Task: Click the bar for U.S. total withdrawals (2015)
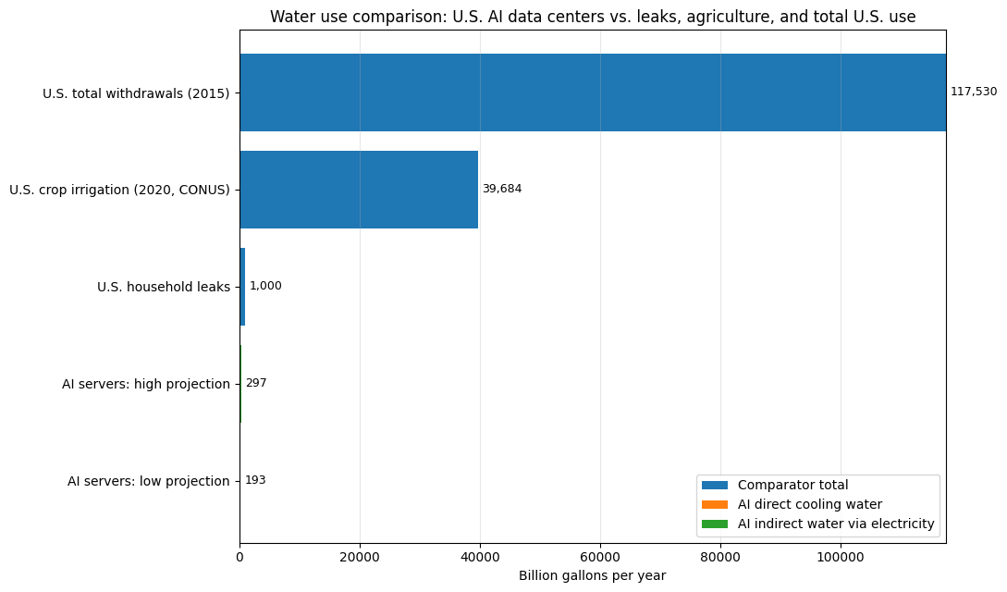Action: (593, 92)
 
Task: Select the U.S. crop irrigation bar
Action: (359, 190)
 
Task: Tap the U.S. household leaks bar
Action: (243, 287)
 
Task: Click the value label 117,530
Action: (974, 92)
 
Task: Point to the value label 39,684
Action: (502, 189)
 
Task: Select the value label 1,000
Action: (265, 286)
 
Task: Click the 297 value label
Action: (256, 383)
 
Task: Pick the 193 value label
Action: (255, 480)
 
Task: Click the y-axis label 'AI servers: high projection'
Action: (146, 384)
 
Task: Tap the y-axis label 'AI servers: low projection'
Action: (148, 481)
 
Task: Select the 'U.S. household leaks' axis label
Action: (164, 287)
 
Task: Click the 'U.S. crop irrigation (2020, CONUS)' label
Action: (119, 190)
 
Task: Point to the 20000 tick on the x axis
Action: (360, 558)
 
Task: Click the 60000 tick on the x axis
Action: (600, 558)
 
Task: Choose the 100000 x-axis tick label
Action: (840, 558)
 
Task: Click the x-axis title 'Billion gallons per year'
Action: (592, 575)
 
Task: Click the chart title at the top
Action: (593, 17)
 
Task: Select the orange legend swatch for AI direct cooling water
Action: (715, 505)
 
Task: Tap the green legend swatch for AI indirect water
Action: (715, 524)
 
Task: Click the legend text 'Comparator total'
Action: (793, 485)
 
